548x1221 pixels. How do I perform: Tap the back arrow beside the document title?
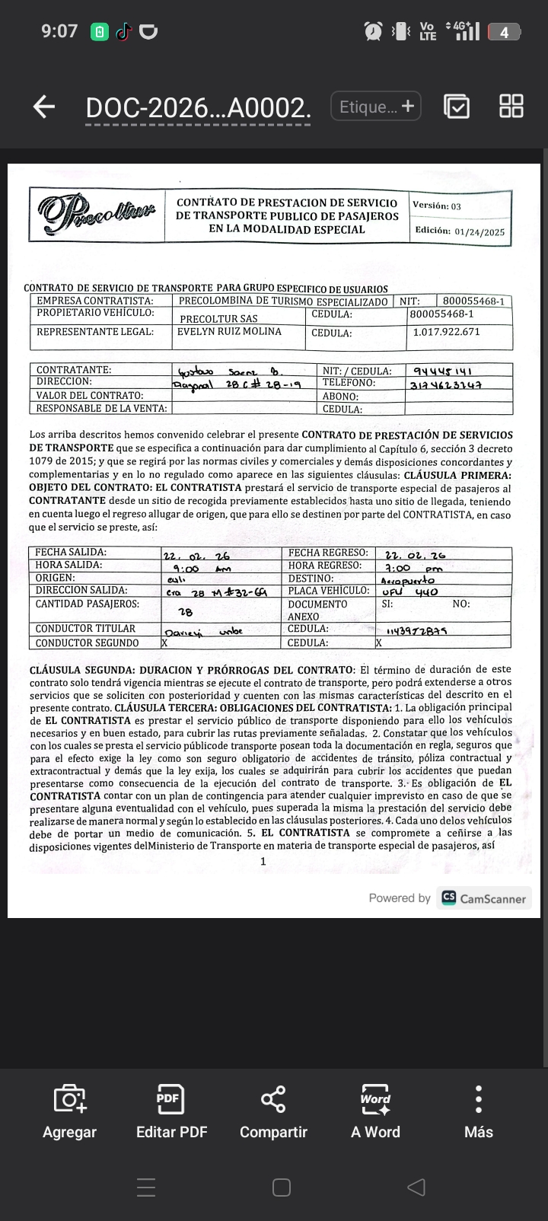point(44,107)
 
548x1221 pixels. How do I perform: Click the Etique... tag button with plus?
point(376,107)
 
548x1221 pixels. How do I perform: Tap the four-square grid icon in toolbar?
point(511,107)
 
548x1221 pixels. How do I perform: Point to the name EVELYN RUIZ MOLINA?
point(229,332)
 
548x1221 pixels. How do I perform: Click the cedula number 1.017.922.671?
point(446,333)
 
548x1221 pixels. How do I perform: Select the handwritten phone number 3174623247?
point(446,384)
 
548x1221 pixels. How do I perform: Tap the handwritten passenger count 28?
point(185,611)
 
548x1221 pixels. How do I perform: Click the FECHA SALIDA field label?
point(71,553)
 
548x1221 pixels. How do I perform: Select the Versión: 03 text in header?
point(437,206)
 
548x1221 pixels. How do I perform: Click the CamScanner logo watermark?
point(484,898)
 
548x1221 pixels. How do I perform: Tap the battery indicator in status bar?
point(505,32)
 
